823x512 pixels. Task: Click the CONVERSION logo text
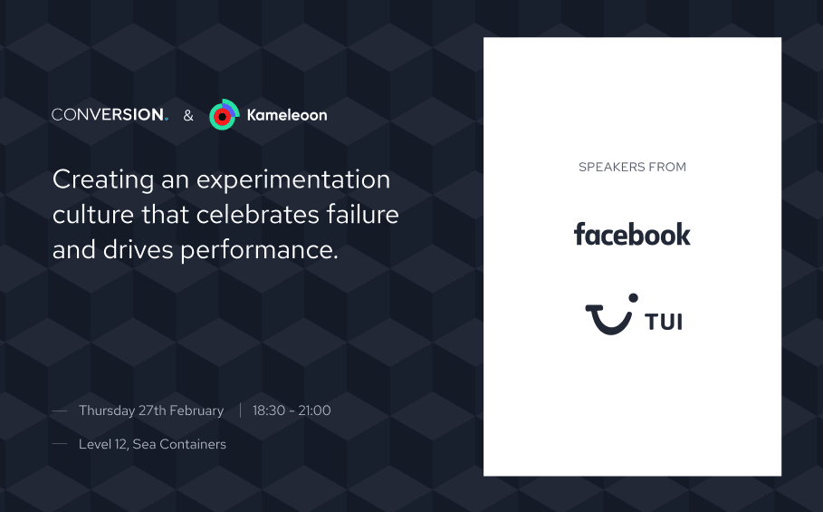[x=110, y=114]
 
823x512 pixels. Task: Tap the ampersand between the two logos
[x=188, y=115]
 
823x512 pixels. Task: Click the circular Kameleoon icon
[x=225, y=114]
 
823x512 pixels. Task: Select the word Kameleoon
[x=287, y=115]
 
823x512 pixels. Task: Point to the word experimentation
[x=293, y=180]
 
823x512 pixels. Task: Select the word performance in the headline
[x=259, y=250]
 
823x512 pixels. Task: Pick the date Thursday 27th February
[x=151, y=411]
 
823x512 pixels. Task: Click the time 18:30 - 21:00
[x=292, y=411]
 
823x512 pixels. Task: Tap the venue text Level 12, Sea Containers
[x=152, y=444]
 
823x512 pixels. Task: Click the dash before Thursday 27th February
[x=60, y=411]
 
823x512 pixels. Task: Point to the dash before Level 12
[x=60, y=444]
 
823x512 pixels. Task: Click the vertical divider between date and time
[x=241, y=411]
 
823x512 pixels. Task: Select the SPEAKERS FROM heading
[x=633, y=167]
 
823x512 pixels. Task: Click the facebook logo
[x=633, y=234]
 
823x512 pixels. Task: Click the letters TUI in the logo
[x=664, y=322]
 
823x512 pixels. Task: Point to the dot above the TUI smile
[x=634, y=298]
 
